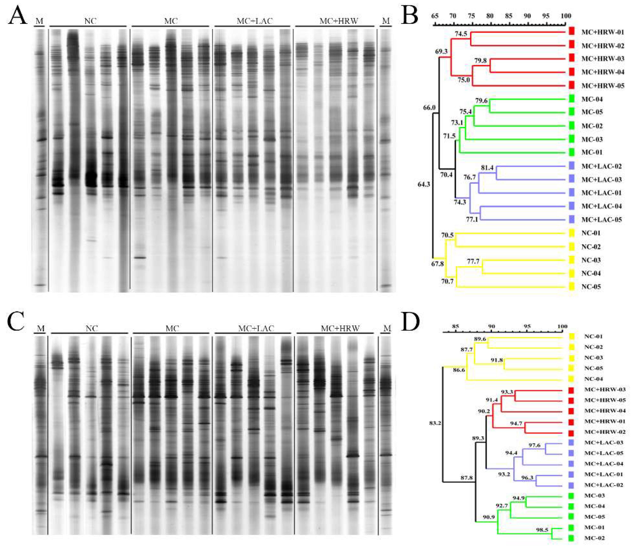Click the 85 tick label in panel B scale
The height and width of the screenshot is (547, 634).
509,16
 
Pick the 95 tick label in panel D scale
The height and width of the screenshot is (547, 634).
527,326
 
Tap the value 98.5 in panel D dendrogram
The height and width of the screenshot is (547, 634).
542,530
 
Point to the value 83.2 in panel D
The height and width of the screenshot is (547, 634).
435,423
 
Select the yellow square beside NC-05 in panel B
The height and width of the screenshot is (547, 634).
571,287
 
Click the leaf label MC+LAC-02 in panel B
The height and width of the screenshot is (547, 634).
601,166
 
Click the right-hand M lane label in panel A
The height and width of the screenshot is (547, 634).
386,21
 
